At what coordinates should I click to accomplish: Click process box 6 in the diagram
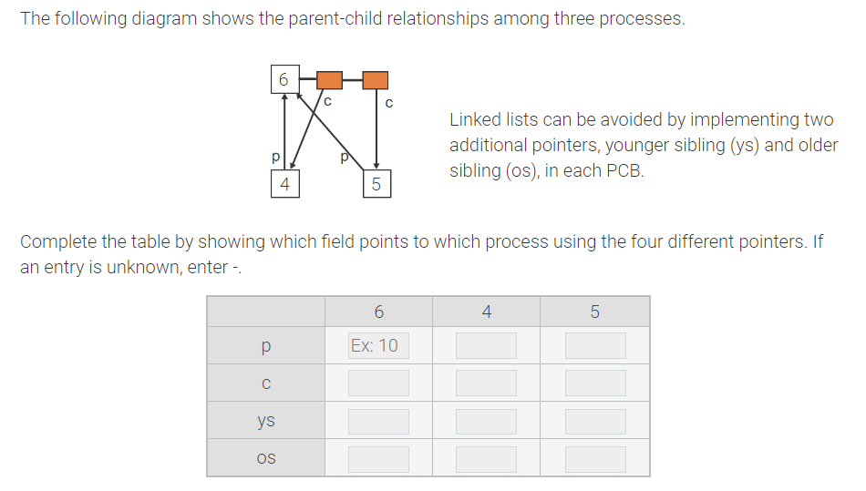(284, 79)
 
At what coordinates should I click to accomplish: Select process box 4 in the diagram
(284, 184)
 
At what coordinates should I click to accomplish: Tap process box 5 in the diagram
(376, 184)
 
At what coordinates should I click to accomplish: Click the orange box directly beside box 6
(329, 80)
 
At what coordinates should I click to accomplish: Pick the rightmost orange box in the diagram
(375, 80)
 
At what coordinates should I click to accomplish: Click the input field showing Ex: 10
(378, 345)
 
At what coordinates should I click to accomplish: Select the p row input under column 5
(594, 345)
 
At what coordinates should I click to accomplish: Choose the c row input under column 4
(486, 383)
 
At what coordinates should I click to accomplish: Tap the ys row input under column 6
(378, 421)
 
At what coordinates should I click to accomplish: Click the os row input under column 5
(594, 458)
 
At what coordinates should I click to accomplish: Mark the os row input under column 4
(486, 458)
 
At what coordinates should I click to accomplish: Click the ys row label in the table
(265, 421)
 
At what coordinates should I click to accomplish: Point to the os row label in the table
(265, 458)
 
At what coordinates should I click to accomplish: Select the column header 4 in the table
(486, 312)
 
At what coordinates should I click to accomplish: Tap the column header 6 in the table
(378, 312)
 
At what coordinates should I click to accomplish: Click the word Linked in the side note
(477, 119)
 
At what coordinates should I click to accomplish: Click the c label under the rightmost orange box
(389, 102)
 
